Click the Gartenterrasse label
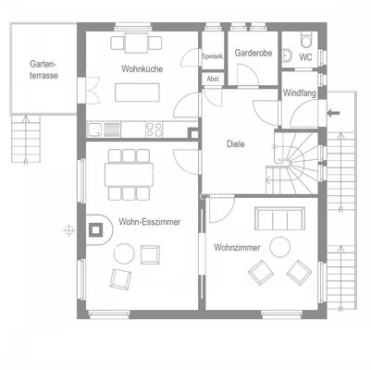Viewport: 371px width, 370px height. pyautogui.click(x=43, y=70)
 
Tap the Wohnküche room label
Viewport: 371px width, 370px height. pyautogui.click(x=142, y=68)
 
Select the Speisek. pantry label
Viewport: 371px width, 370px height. pyautogui.click(x=213, y=56)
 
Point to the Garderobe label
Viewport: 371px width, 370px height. pyautogui.click(x=254, y=53)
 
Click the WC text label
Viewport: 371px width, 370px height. pyautogui.click(x=305, y=57)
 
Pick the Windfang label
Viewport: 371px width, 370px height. pyautogui.click(x=300, y=92)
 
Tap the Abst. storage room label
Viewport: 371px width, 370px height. pyautogui.click(x=214, y=79)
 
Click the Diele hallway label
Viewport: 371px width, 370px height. pyautogui.click(x=236, y=144)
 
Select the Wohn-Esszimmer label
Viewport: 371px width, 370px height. pyautogui.click(x=150, y=222)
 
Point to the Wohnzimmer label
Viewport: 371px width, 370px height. pyautogui.click(x=237, y=248)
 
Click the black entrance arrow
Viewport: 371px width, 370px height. pyautogui.click(x=333, y=113)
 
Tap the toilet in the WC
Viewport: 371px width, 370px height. pyautogui.click(x=307, y=40)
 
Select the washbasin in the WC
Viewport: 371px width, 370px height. pyautogui.click(x=287, y=55)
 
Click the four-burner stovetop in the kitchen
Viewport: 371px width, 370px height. pyautogui.click(x=154, y=129)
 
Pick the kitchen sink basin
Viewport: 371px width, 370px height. pyautogui.click(x=93, y=129)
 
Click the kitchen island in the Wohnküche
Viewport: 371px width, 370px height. pyautogui.click(x=137, y=92)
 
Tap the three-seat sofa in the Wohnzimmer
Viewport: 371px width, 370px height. pyautogui.click(x=279, y=218)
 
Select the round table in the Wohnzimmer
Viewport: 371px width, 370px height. pyautogui.click(x=280, y=247)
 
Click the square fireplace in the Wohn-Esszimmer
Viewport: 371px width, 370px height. pyautogui.click(x=96, y=229)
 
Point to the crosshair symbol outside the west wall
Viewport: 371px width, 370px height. pyautogui.click(x=68, y=230)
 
